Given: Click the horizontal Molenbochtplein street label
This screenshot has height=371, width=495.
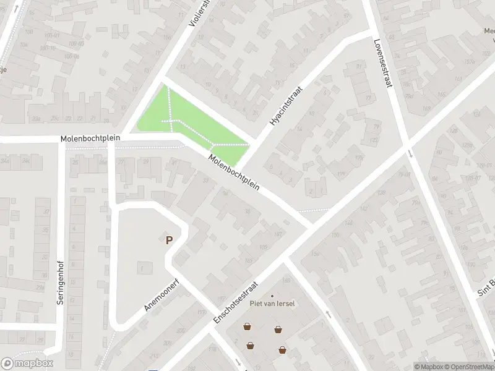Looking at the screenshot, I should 90,138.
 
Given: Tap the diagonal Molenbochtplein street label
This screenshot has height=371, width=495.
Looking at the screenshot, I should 233,172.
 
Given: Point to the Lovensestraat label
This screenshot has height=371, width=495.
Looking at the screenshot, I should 383,64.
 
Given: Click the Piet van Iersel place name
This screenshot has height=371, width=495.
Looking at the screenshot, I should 272,303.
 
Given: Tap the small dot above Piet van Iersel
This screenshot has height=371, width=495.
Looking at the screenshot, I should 272,296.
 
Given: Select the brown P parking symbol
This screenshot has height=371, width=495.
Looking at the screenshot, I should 168,240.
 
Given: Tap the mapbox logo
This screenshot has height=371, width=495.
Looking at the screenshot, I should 27,364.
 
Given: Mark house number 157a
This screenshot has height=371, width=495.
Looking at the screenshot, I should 468,61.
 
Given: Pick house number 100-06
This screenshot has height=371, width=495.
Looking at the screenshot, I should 72,56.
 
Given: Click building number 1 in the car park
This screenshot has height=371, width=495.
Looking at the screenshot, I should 142,268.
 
